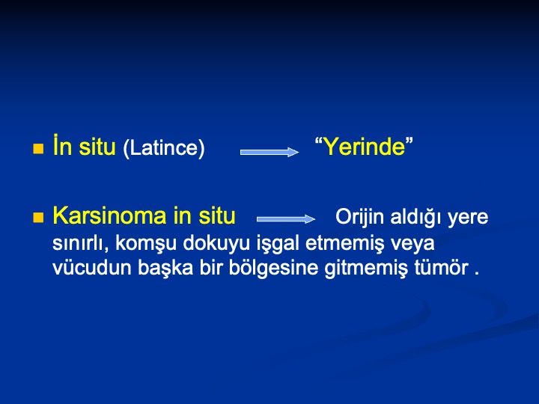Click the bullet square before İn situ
pyautogui.click(x=38, y=149)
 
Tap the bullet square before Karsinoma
pyautogui.click(x=38, y=218)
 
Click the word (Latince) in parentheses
pyautogui.click(x=164, y=148)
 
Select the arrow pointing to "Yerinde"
pyautogui.click(x=269, y=152)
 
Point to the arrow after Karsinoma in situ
pyautogui.click(x=286, y=218)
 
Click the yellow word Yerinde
pyautogui.click(x=365, y=147)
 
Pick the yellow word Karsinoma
pyautogui.click(x=110, y=215)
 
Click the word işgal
pyautogui.click(x=278, y=244)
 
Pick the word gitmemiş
pyautogui.click(x=366, y=269)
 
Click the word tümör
pyautogui.click(x=441, y=268)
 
